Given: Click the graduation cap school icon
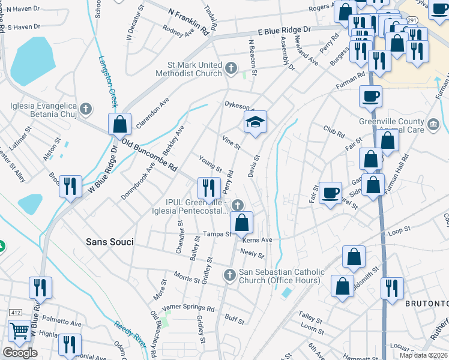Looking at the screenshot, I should tap(255, 122).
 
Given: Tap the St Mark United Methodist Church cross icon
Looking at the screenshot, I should tap(231, 68).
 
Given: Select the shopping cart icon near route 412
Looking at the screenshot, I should tap(19, 331).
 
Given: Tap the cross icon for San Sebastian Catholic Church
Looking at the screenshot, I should tap(229, 275).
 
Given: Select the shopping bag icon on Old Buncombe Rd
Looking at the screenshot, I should tap(120, 124).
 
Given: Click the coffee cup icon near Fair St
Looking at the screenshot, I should tap(330, 193).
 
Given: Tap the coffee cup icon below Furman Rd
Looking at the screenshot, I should tap(370, 95).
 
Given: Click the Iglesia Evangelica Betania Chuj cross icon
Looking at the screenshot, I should tap(86, 109).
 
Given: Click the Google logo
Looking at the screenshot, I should tap(20, 353).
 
